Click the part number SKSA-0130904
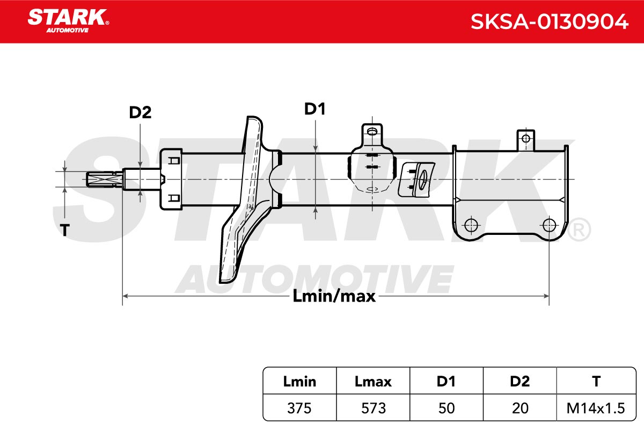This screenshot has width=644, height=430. [549, 22]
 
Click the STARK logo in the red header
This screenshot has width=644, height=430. [68, 21]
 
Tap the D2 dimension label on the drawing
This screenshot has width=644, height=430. [140, 112]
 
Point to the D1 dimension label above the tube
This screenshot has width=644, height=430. [315, 109]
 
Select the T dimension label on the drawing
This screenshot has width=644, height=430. [65, 230]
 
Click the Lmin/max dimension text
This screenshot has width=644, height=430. [334, 296]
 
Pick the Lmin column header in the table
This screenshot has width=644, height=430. [299, 381]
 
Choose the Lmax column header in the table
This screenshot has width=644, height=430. [373, 381]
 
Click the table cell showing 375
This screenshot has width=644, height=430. [299, 408]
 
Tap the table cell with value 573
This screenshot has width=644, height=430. [373, 408]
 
